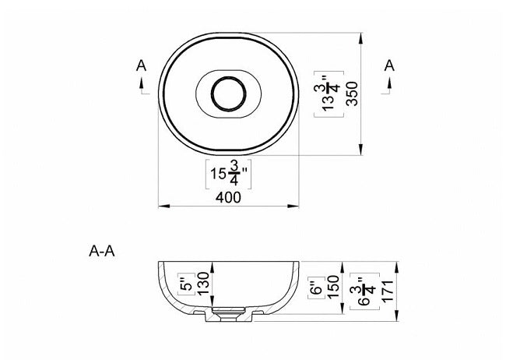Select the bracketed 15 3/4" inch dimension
pyautogui.click(x=228, y=173)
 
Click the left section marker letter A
pyautogui.click(x=140, y=65)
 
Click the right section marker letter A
pyautogui.click(x=389, y=65)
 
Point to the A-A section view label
pyautogui.click(x=104, y=252)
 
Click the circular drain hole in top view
pyautogui.click(x=228, y=94)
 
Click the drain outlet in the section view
pyautogui.click(x=228, y=315)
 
